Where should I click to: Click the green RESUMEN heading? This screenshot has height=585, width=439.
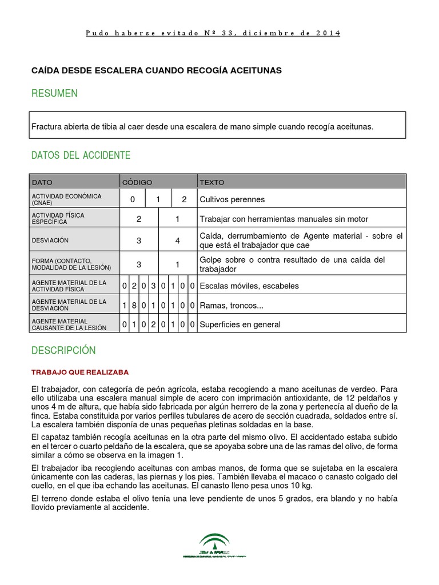[x=55, y=93]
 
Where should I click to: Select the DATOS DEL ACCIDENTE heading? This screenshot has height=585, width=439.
[x=81, y=155]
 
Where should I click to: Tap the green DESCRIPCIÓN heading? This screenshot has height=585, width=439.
[x=63, y=350]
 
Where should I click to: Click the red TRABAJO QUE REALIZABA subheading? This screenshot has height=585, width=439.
[x=80, y=372]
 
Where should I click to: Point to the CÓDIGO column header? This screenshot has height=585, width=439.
[x=137, y=182]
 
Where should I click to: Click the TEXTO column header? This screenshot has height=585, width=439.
[x=212, y=182]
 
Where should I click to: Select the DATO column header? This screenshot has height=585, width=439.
[x=42, y=182]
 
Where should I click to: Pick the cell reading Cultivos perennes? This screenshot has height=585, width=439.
[x=233, y=199]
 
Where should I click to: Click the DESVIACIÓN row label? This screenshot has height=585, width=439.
[x=50, y=241]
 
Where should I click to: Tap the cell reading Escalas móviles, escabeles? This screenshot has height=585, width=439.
[x=249, y=286]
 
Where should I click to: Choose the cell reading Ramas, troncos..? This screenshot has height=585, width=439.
[x=232, y=306]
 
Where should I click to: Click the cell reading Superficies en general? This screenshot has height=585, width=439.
[x=240, y=324]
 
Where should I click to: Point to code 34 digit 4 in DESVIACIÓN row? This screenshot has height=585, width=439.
[x=178, y=241]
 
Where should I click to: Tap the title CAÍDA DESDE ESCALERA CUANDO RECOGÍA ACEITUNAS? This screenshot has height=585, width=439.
[x=156, y=70]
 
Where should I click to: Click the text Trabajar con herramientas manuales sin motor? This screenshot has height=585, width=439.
[x=284, y=219]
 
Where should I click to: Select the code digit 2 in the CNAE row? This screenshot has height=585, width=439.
[x=184, y=199]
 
